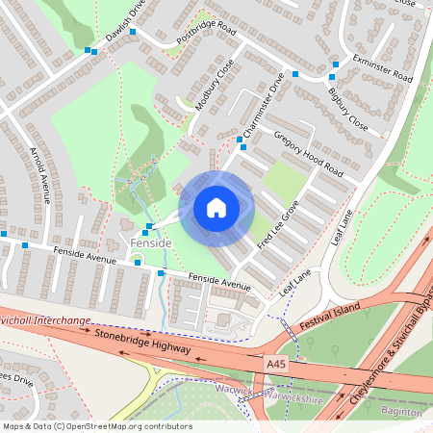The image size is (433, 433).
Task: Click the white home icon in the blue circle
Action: [216, 208]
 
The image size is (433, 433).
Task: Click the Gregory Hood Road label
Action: [308, 153]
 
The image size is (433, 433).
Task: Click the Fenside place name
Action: [150, 243]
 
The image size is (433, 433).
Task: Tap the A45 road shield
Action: [276, 365]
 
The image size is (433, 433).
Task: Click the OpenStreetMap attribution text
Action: [97, 426]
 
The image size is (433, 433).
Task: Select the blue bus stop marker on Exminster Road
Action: [333, 64]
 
